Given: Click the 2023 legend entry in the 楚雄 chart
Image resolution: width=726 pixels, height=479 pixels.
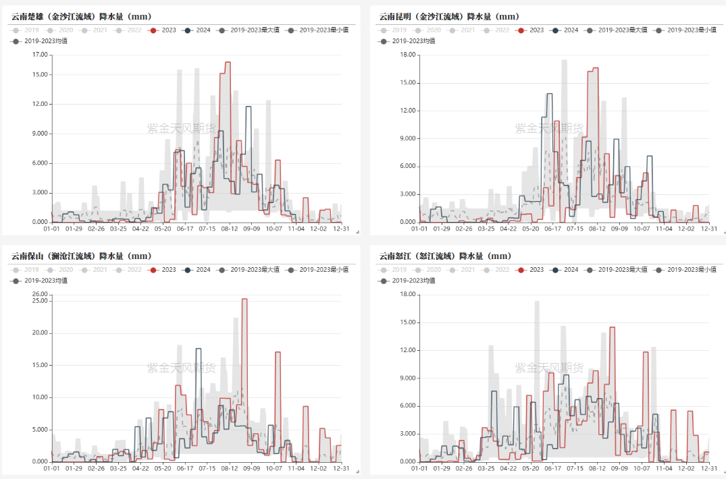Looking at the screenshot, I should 164,30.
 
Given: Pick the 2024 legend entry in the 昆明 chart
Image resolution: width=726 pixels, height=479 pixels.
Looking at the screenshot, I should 566,30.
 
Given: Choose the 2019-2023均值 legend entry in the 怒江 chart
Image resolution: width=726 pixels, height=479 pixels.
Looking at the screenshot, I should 408,281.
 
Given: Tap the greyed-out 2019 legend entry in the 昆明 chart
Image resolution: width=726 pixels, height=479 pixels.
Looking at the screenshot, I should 394,30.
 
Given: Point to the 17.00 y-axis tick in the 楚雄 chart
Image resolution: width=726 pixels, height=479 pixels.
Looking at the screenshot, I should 40,55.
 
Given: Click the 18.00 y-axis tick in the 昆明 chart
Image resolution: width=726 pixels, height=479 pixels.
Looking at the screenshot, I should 407,55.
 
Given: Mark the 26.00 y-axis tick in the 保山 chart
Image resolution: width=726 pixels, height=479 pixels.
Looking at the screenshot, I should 40,295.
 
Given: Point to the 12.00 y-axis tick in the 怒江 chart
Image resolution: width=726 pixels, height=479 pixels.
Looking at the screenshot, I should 407,351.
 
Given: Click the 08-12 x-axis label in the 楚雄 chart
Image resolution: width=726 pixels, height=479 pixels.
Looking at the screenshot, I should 230,229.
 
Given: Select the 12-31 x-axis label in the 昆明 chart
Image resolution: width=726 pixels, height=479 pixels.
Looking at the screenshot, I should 708,229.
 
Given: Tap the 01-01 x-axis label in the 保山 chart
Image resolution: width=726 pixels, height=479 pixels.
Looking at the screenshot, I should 52,468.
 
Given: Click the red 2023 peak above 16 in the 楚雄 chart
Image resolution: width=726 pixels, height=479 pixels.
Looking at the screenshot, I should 228,63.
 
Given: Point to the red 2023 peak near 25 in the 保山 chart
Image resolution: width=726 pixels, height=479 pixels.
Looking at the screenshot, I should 244,300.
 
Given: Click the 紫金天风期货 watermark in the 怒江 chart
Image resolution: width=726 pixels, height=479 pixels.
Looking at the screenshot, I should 549,368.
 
